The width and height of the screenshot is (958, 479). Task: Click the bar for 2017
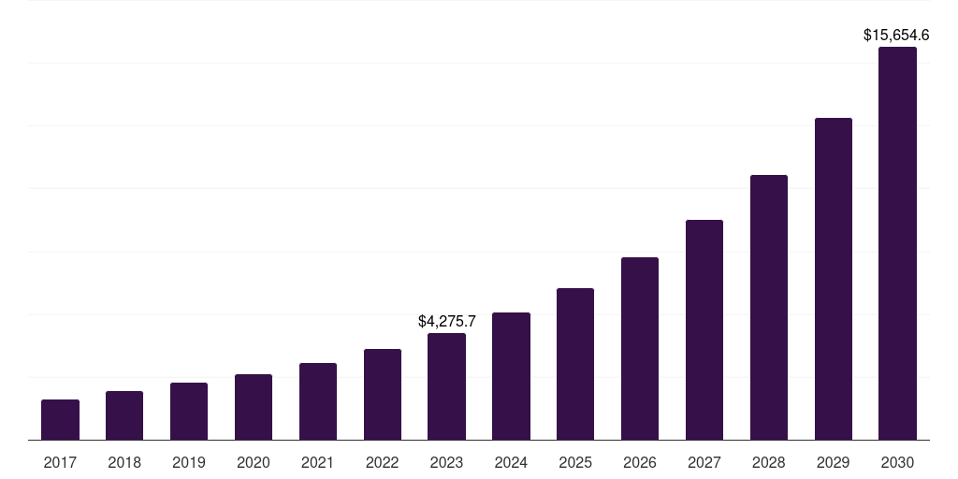click(x=60, y=420)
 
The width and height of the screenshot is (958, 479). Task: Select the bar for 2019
click(x=189, y=412)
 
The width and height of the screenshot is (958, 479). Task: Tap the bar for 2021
click(x=318, y=401)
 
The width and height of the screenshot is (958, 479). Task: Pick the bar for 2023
click(x=446, y=386)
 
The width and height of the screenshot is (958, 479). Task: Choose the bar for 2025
click(x=575, y=364)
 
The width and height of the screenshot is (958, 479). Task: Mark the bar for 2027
click(x=704, y=329)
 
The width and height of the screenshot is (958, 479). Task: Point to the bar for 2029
click(x=834, y=279)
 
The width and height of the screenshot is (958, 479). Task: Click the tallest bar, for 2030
click(x=897, y=243)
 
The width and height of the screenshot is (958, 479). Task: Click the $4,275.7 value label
click(x=447, y=321)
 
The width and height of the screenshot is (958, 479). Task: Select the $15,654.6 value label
click(x=896, y=36)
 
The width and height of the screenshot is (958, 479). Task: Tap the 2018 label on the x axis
click(x=124, y=462)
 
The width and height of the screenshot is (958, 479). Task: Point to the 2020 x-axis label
click(x=254, y=462)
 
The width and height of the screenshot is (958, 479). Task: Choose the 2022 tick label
click(x=383, y=462)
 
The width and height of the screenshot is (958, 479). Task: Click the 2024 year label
click(x=511, y=462)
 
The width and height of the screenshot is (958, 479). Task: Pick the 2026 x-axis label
click(x=640, y=462)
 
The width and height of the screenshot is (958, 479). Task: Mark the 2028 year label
click(x=769, y=462)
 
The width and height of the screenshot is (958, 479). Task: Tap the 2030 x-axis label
click(x=897, y=462)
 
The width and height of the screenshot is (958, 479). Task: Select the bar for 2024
click(x=511, y=376)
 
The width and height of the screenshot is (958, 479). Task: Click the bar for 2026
click(x=640, y=348)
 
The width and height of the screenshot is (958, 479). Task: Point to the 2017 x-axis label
click(x=60, y=462)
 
